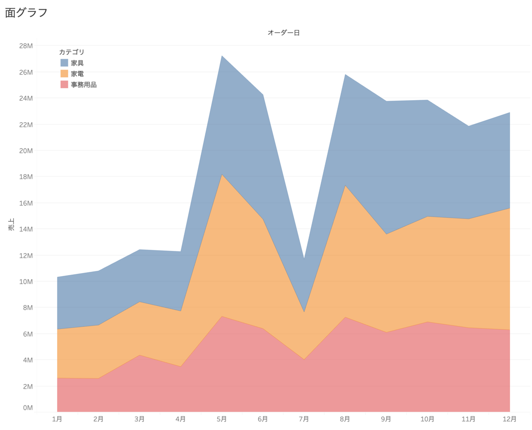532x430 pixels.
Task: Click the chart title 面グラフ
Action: pyautogui.click(x=26, y=13)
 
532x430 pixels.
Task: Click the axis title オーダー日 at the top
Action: pyautogui.click(x=283, y=33)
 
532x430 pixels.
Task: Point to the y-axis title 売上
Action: pyautogui.click(x=12, y=224)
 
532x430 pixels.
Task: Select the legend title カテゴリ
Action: pyautogui.click(x=72, y=52)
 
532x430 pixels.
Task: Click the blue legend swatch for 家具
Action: pyautogui.click(x=64, y=63)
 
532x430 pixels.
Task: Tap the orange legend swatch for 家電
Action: pyautogui.click(x=64, y=74)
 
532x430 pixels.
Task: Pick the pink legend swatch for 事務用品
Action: pyautogui.click(x=64, y=84)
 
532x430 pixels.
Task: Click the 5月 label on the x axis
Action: pyautogui.click(x=222, y=419)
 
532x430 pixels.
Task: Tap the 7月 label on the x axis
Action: pyautogui.click(x=304, y=419)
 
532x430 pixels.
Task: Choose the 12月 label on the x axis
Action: pyautogui.click(x=509, y=419)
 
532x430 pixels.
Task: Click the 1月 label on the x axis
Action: pyautogui.click(x=57, y=419)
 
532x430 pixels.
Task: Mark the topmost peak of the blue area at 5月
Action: pyautogui.click(x=222, y=56)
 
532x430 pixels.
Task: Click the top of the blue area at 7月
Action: pyautogui.click(x=304, y=258)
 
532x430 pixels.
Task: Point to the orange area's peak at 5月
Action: pyautogui.click(x=222, y=175)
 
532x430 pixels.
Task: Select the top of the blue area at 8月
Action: pyautogui.click(x=345, y=74)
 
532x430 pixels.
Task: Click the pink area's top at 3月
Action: pyautogui.click(x=140, y=355)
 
